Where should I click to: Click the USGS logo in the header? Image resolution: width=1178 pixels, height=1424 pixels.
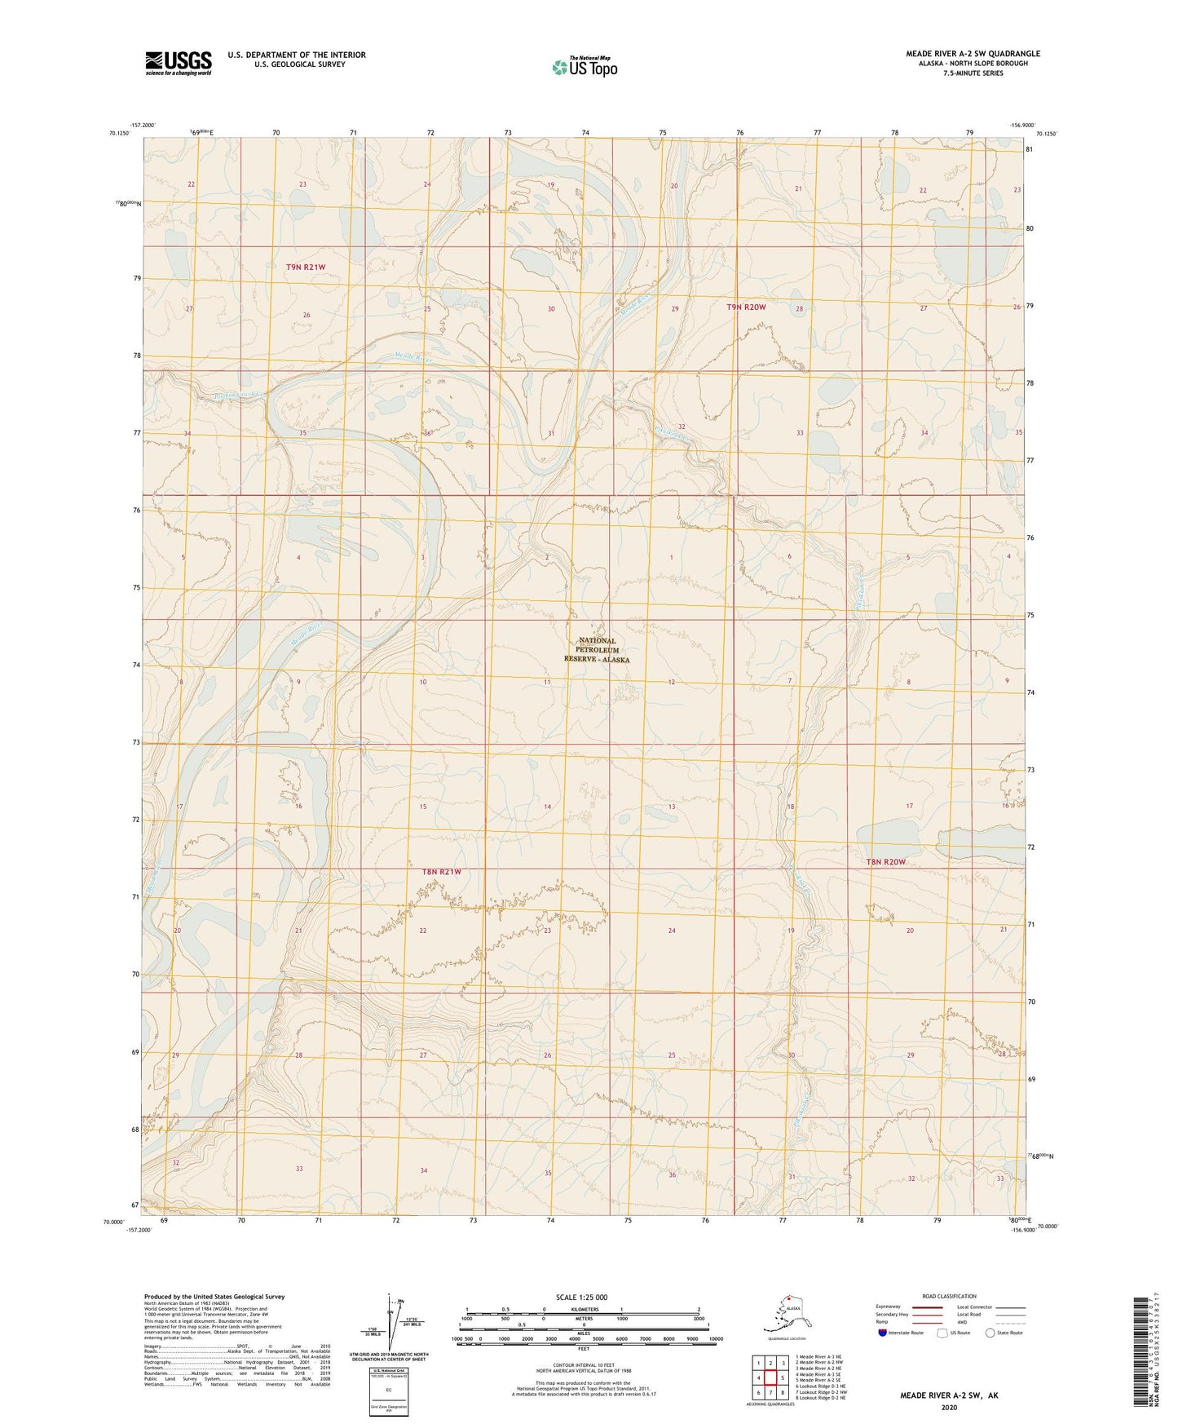pos(179,63)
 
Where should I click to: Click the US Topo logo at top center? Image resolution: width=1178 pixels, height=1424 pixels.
pos(584,66)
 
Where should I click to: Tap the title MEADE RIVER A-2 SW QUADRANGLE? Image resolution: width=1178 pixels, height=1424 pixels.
pos(973,54)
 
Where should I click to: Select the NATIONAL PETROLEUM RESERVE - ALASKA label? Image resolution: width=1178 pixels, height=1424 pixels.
pos(597,650)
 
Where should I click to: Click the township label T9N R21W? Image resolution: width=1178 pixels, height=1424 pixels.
pos(306,268)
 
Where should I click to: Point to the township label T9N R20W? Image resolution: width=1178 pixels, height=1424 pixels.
pos(746,307)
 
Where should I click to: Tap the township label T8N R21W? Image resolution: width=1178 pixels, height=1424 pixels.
pos(442,872)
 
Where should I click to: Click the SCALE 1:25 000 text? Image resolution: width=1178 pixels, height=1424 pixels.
pos(581,1298)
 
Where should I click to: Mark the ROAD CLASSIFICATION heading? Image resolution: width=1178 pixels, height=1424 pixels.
pos(949,1296)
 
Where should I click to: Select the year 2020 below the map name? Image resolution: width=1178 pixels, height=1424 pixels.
pos(949,1407)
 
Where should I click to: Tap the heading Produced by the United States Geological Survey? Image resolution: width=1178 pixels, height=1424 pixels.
pos(214,1297)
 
